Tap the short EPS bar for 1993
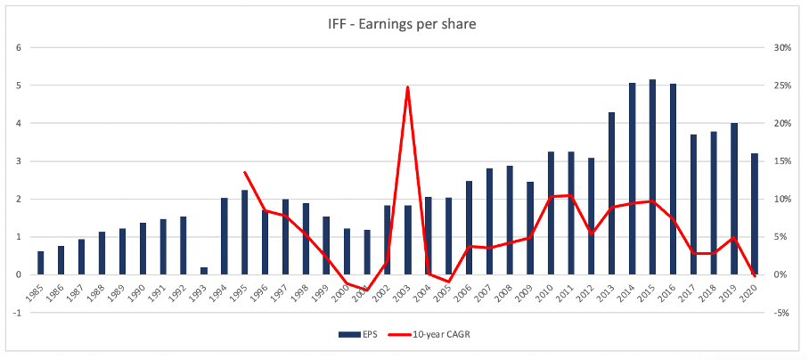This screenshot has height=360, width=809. pyautogui.click(x=204, y=271)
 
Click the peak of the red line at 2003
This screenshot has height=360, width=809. pyautogui.click(x=407, y=86)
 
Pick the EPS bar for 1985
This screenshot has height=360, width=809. pyautogui.click(x=41, y=263)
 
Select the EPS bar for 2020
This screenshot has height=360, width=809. pyautogui.click(x=754, y=214)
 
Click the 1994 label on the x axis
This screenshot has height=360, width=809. pyautogui.click(x=223, y=293)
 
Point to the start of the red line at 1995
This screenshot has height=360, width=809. pyautogui.click(x=244, y=172)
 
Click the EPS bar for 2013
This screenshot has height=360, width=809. pyautogui.click(x=611, y=193)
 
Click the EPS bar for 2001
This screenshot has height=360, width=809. pyautogui.click(x=367, y=252)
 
